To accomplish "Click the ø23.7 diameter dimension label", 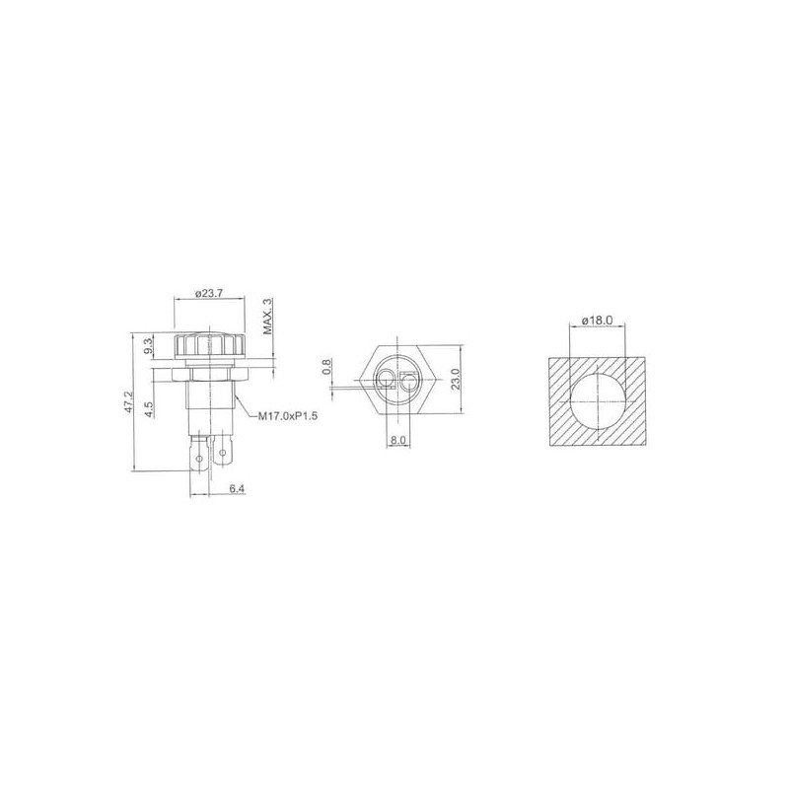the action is tap(208, 293).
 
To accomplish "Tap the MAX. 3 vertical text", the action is tap(267, 316).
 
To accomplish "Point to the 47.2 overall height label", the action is tap(128, 402).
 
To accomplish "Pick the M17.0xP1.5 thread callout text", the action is tap(288, 416).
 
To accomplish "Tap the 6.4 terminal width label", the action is tap(237, 488).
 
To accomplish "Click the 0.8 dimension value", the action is tap(326, 366).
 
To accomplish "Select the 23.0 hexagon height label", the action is tap(456, 379).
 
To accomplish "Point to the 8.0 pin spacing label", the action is tap(397, 440).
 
